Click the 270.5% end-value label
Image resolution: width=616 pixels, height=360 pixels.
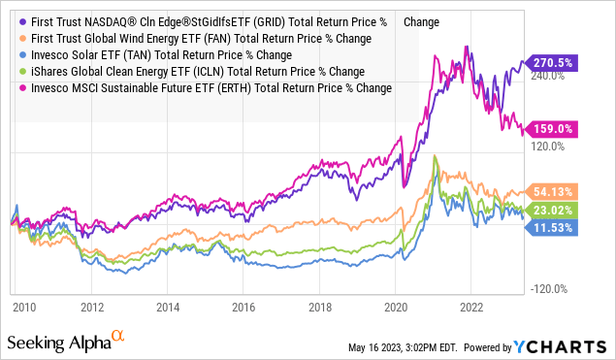[x=557, y=60]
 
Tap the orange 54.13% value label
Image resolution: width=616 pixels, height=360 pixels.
[x=557, y=191]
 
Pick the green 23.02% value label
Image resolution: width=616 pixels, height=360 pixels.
[x=557, y=209]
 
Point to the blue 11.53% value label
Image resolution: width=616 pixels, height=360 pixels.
[x=557, y=226]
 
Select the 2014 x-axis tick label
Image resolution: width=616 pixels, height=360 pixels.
[x=169, y=305]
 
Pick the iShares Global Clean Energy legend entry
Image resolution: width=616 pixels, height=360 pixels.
[x=194, y=71]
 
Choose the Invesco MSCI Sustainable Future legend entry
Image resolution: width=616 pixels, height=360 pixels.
[x=209, y=87]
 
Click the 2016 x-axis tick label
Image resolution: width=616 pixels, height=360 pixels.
[x=243, y=305]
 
